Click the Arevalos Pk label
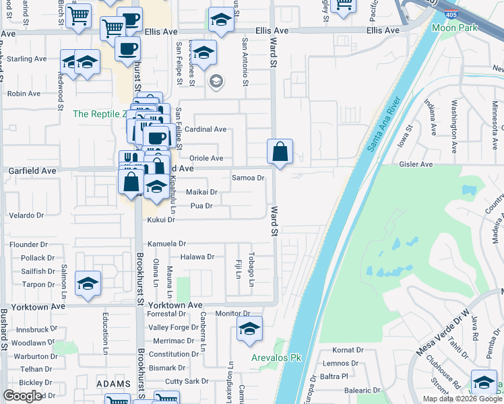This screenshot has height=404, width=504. [275, 358]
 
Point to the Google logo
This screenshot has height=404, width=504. [22, 396]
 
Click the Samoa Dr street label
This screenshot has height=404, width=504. [247, 178]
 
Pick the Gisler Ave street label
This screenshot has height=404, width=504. [416, 164]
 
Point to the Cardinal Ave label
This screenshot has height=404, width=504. [206, 129]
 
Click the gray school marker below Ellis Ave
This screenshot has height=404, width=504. [216, 82]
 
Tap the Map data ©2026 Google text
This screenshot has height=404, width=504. [462, 399]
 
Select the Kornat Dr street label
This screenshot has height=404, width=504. [348, 351]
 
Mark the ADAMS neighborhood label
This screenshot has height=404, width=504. [113, 384]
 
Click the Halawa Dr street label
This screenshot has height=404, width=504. [197, 257]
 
